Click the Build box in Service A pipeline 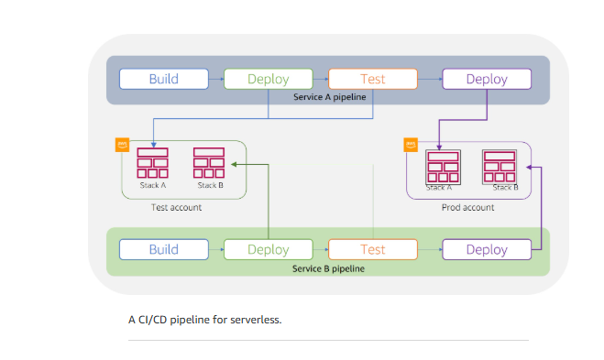point(164,79)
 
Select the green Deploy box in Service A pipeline point(268,79)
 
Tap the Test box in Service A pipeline point(373,79)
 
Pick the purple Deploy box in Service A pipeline point(487,79)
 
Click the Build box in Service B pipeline point(164,249)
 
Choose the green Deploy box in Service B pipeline point(268,249)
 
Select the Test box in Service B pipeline point(373,249)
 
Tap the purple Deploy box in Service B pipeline point(487,249)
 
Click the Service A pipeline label point(328,97)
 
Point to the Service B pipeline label point(328,268)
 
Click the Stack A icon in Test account point(152,163)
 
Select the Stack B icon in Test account point(209,163)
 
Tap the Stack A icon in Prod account point(442,166)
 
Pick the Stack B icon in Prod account point(500,166)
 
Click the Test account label point(176,208)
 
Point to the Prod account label point(468,208)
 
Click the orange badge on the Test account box point(121,144)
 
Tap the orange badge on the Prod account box point(412,144)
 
